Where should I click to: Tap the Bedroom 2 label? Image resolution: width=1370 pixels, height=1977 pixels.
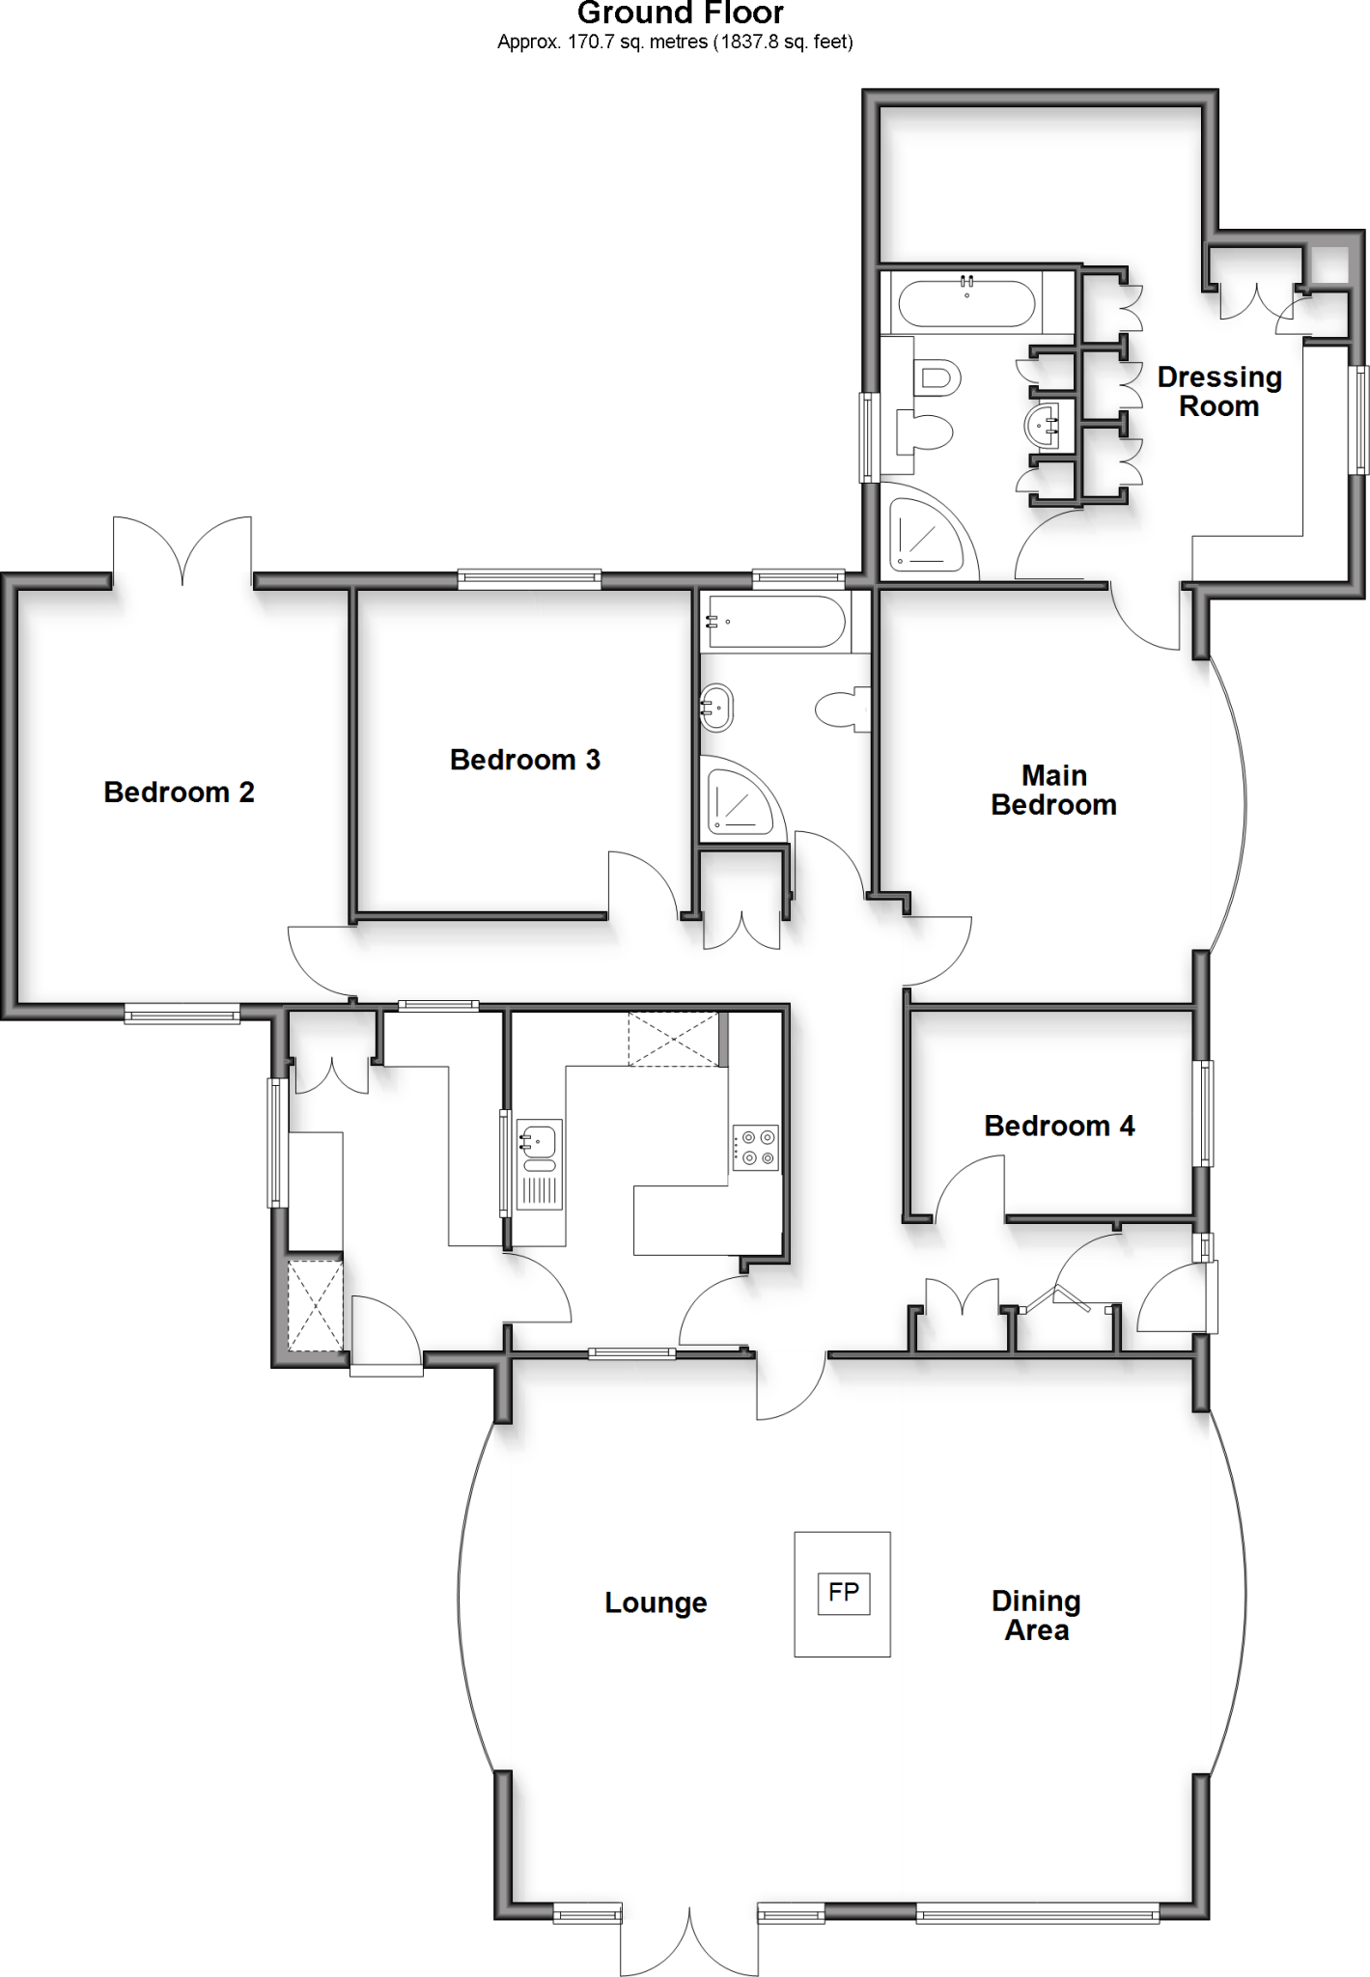(x=179, y=793)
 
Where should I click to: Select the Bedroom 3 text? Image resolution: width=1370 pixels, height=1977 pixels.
(x=524, y=760)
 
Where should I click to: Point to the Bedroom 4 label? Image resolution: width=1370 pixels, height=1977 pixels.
(x=1059, y=1126)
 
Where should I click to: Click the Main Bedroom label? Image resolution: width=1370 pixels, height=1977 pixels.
(x=1053, y=790)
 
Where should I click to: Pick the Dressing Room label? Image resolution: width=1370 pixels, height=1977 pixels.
(x=1219, y=391)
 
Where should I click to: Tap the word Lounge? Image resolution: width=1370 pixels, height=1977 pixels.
(x=656, y=1603)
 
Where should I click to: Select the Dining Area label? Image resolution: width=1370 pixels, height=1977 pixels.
(x=1036, y=1615)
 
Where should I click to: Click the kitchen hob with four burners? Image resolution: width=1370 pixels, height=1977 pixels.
(x=755, y=1148)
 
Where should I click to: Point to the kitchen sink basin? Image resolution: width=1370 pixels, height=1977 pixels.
(x=539, y=1142)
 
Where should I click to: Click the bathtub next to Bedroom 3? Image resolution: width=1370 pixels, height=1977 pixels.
(x=776, y=622)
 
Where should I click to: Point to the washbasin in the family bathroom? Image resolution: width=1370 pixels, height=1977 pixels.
(x=717, y=708)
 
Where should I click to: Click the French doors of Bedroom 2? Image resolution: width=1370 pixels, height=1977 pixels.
(x=183, y=554)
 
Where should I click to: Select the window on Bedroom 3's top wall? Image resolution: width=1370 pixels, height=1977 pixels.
(x=529, y=579)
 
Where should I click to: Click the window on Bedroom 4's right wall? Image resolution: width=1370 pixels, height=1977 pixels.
(x=1204, y=1113)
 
